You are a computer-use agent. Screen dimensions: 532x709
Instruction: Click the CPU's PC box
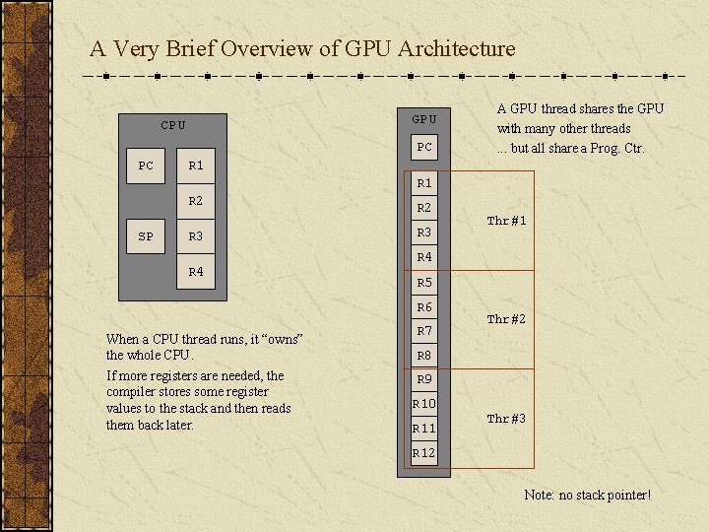tap(146, 166)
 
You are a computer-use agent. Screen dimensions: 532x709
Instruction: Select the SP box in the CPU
tap(146, 236)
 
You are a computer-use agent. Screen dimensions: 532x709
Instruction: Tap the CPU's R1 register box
tap(196, 166)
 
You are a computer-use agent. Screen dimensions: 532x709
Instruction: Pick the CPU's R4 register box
tap(196, 271)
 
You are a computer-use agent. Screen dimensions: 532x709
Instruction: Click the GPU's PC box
tap(424, 148)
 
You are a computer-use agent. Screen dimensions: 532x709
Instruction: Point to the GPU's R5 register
tap(424, 283)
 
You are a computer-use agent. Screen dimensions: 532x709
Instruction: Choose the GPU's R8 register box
tap(424, 356)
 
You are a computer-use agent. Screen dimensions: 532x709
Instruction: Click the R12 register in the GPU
tap(424, 453)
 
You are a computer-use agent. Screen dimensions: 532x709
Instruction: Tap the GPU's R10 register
tap(424, 404)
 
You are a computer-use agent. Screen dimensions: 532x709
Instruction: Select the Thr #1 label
tap(506, 222)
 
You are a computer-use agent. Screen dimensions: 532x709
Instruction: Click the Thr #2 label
tap(506, 319)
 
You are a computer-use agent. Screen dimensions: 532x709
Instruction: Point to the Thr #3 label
tap(506, 419)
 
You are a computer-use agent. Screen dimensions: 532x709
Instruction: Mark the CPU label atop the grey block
tap(173, 125)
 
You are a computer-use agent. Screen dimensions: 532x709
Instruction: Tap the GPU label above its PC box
tap(424, 119)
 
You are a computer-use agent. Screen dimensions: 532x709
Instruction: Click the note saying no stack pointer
tap(587, 494)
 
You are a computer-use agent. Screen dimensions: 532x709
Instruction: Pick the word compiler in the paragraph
tap(131, 392)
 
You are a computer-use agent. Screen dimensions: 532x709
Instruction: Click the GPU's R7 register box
tap(424, 331)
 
